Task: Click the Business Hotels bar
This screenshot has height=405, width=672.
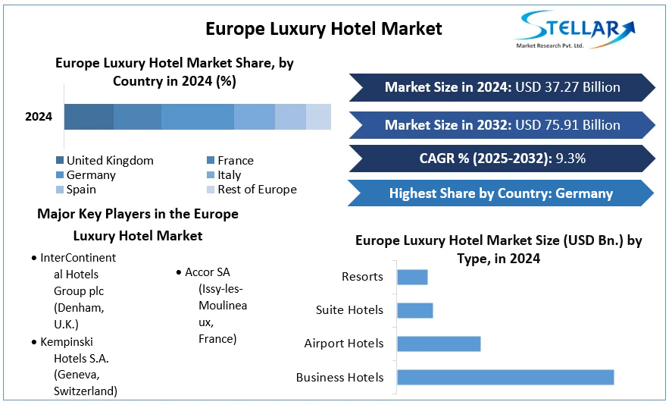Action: click(505, 377)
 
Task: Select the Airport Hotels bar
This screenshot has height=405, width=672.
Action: click(439, 344)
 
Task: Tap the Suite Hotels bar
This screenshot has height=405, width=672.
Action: click(414, 310)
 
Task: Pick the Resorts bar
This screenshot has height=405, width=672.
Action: click(412, 277)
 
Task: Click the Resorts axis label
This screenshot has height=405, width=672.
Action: click(362, 277)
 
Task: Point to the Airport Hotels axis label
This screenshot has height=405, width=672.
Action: click(343, 344)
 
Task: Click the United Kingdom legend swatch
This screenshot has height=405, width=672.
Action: click(60, 161)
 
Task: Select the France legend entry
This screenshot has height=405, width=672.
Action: click(235, 161)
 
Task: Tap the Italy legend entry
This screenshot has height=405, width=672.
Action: click(229, 175)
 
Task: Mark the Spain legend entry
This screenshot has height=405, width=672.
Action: click(81, 190)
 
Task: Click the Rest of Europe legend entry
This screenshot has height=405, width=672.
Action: click(257, 190)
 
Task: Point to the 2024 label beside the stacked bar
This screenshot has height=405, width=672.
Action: click(39, 117)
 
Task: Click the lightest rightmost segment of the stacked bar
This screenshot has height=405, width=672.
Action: click(318, 117)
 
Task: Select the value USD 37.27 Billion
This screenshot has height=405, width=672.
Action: click(567, 87)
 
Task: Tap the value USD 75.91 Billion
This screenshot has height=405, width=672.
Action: click(567, 125)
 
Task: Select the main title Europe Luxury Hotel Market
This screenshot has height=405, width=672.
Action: click(323, 29)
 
